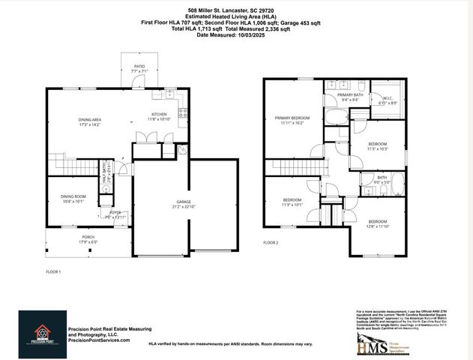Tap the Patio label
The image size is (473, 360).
coord(139,69)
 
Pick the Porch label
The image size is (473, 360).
coord(88,239)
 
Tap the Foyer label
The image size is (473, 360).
coord(115,214)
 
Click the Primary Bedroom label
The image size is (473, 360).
coord(292,120)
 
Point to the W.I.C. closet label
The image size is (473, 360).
coord(388,100)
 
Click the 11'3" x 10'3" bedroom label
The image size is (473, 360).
coord(378,145)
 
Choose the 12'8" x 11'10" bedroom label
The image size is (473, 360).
coord(378,223)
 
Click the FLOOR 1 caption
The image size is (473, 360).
coord(53,271)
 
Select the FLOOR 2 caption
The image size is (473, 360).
coord(271,243)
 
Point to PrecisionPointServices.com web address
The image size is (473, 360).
coord(99,340)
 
